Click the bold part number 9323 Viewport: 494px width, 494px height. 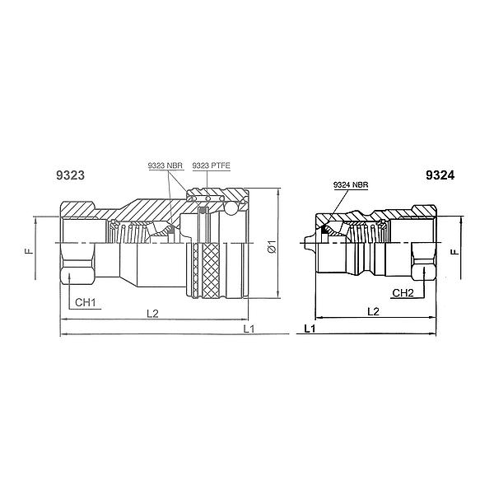(x=70, y=175)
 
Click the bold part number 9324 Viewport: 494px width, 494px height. (x=440, y=175)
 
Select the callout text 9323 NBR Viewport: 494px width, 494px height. (x=165, y=165)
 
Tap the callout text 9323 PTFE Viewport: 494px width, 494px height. (x=211, y=165)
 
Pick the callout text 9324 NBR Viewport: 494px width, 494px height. (x=351, y=184)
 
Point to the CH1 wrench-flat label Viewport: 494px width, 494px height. (x=85, y=302)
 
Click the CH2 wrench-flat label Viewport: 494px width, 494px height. (x=403, y=293)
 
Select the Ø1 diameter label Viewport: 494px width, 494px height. (x=272, y=246)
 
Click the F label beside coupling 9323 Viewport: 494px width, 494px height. (x=29, y=251)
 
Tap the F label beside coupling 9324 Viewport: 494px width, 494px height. (x=454, y=252)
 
